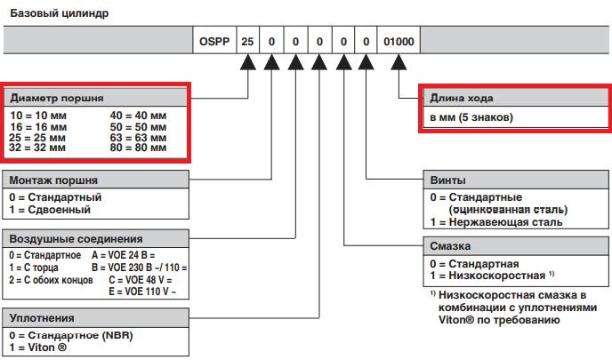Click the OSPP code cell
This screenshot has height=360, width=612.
(215, 41)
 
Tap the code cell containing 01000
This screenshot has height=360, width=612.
(399, 41)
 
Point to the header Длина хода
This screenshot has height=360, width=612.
(462, 98)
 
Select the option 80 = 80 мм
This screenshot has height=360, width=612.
(139, 148)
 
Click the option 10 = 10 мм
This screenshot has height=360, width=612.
(37, 116)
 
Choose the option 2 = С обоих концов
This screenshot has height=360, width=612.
(49, 277)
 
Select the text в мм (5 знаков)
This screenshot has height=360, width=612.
(472, 117)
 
